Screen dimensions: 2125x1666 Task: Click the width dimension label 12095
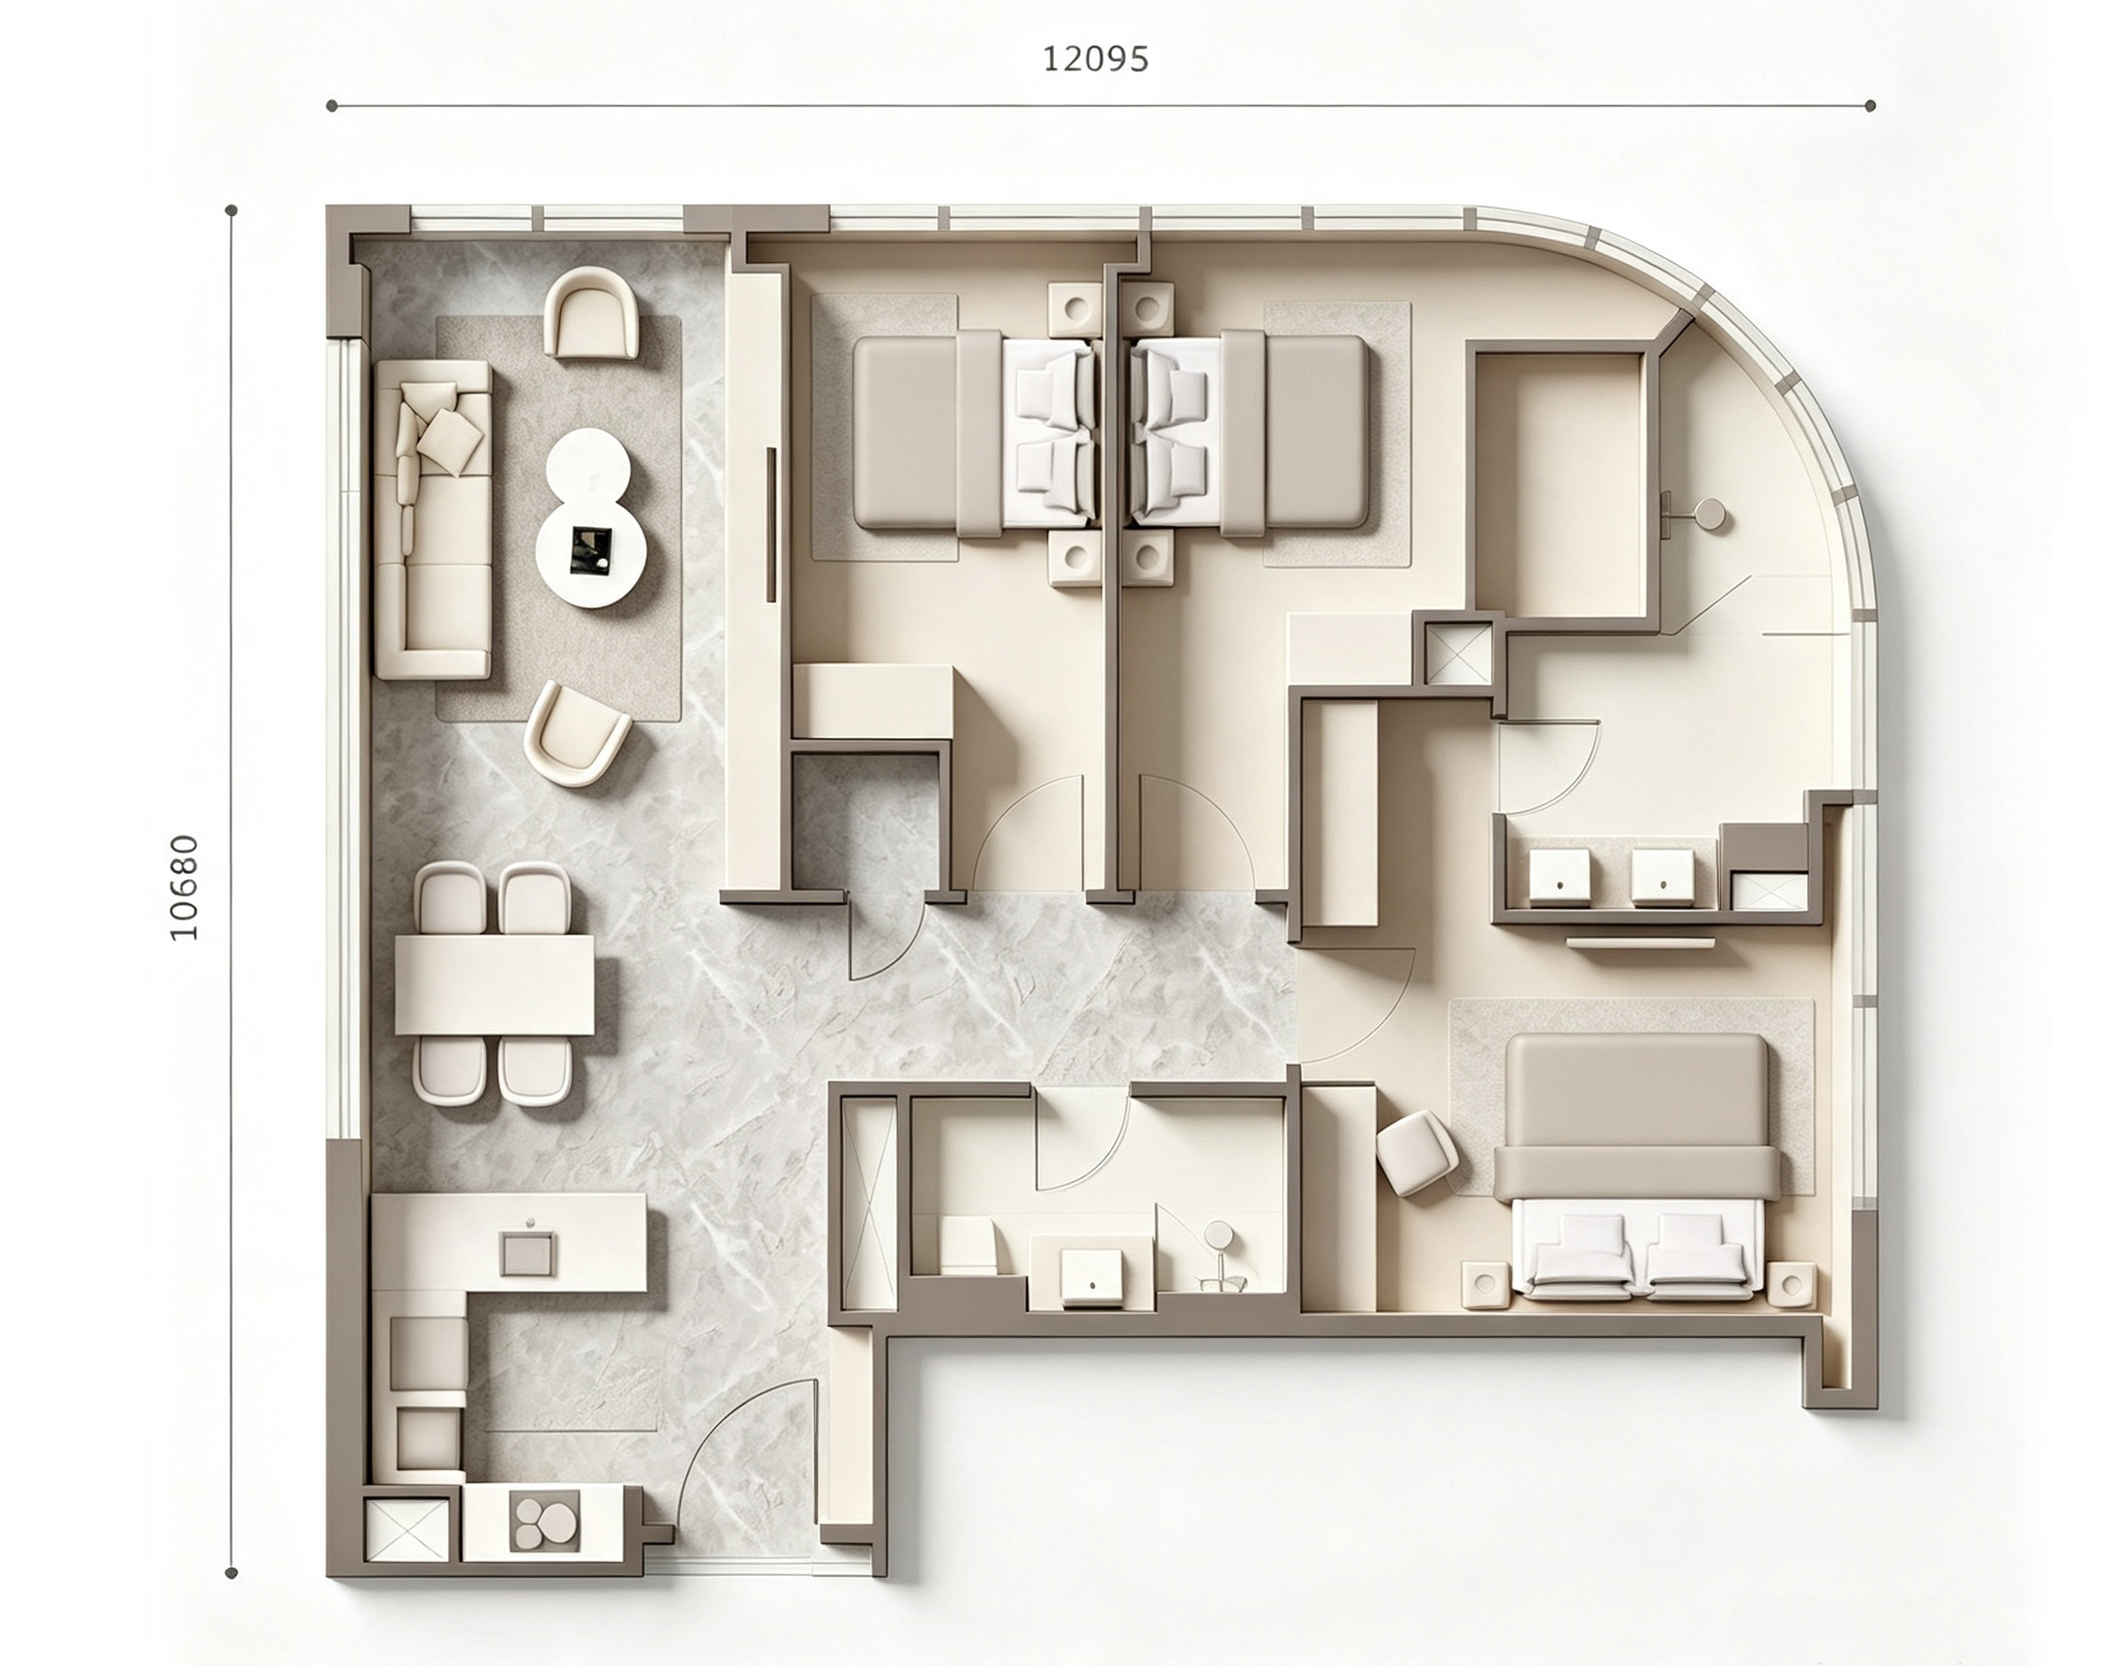coord(1096,59)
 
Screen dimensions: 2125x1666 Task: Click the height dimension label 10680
coord(183,889)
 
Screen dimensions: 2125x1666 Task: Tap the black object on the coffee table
coord(591,549)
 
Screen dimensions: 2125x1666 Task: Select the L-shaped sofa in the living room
coord(433,519)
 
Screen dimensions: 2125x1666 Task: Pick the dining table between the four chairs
coord(495,984)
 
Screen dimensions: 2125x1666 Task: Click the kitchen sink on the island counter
coord(528,1253)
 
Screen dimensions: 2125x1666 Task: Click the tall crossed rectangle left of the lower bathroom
coord(869,1205)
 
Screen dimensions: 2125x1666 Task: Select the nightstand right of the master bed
coord(1792,1285)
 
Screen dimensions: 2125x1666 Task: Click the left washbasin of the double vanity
coord(1560,875)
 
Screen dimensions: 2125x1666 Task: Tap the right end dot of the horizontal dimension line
coord(1869,105)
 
